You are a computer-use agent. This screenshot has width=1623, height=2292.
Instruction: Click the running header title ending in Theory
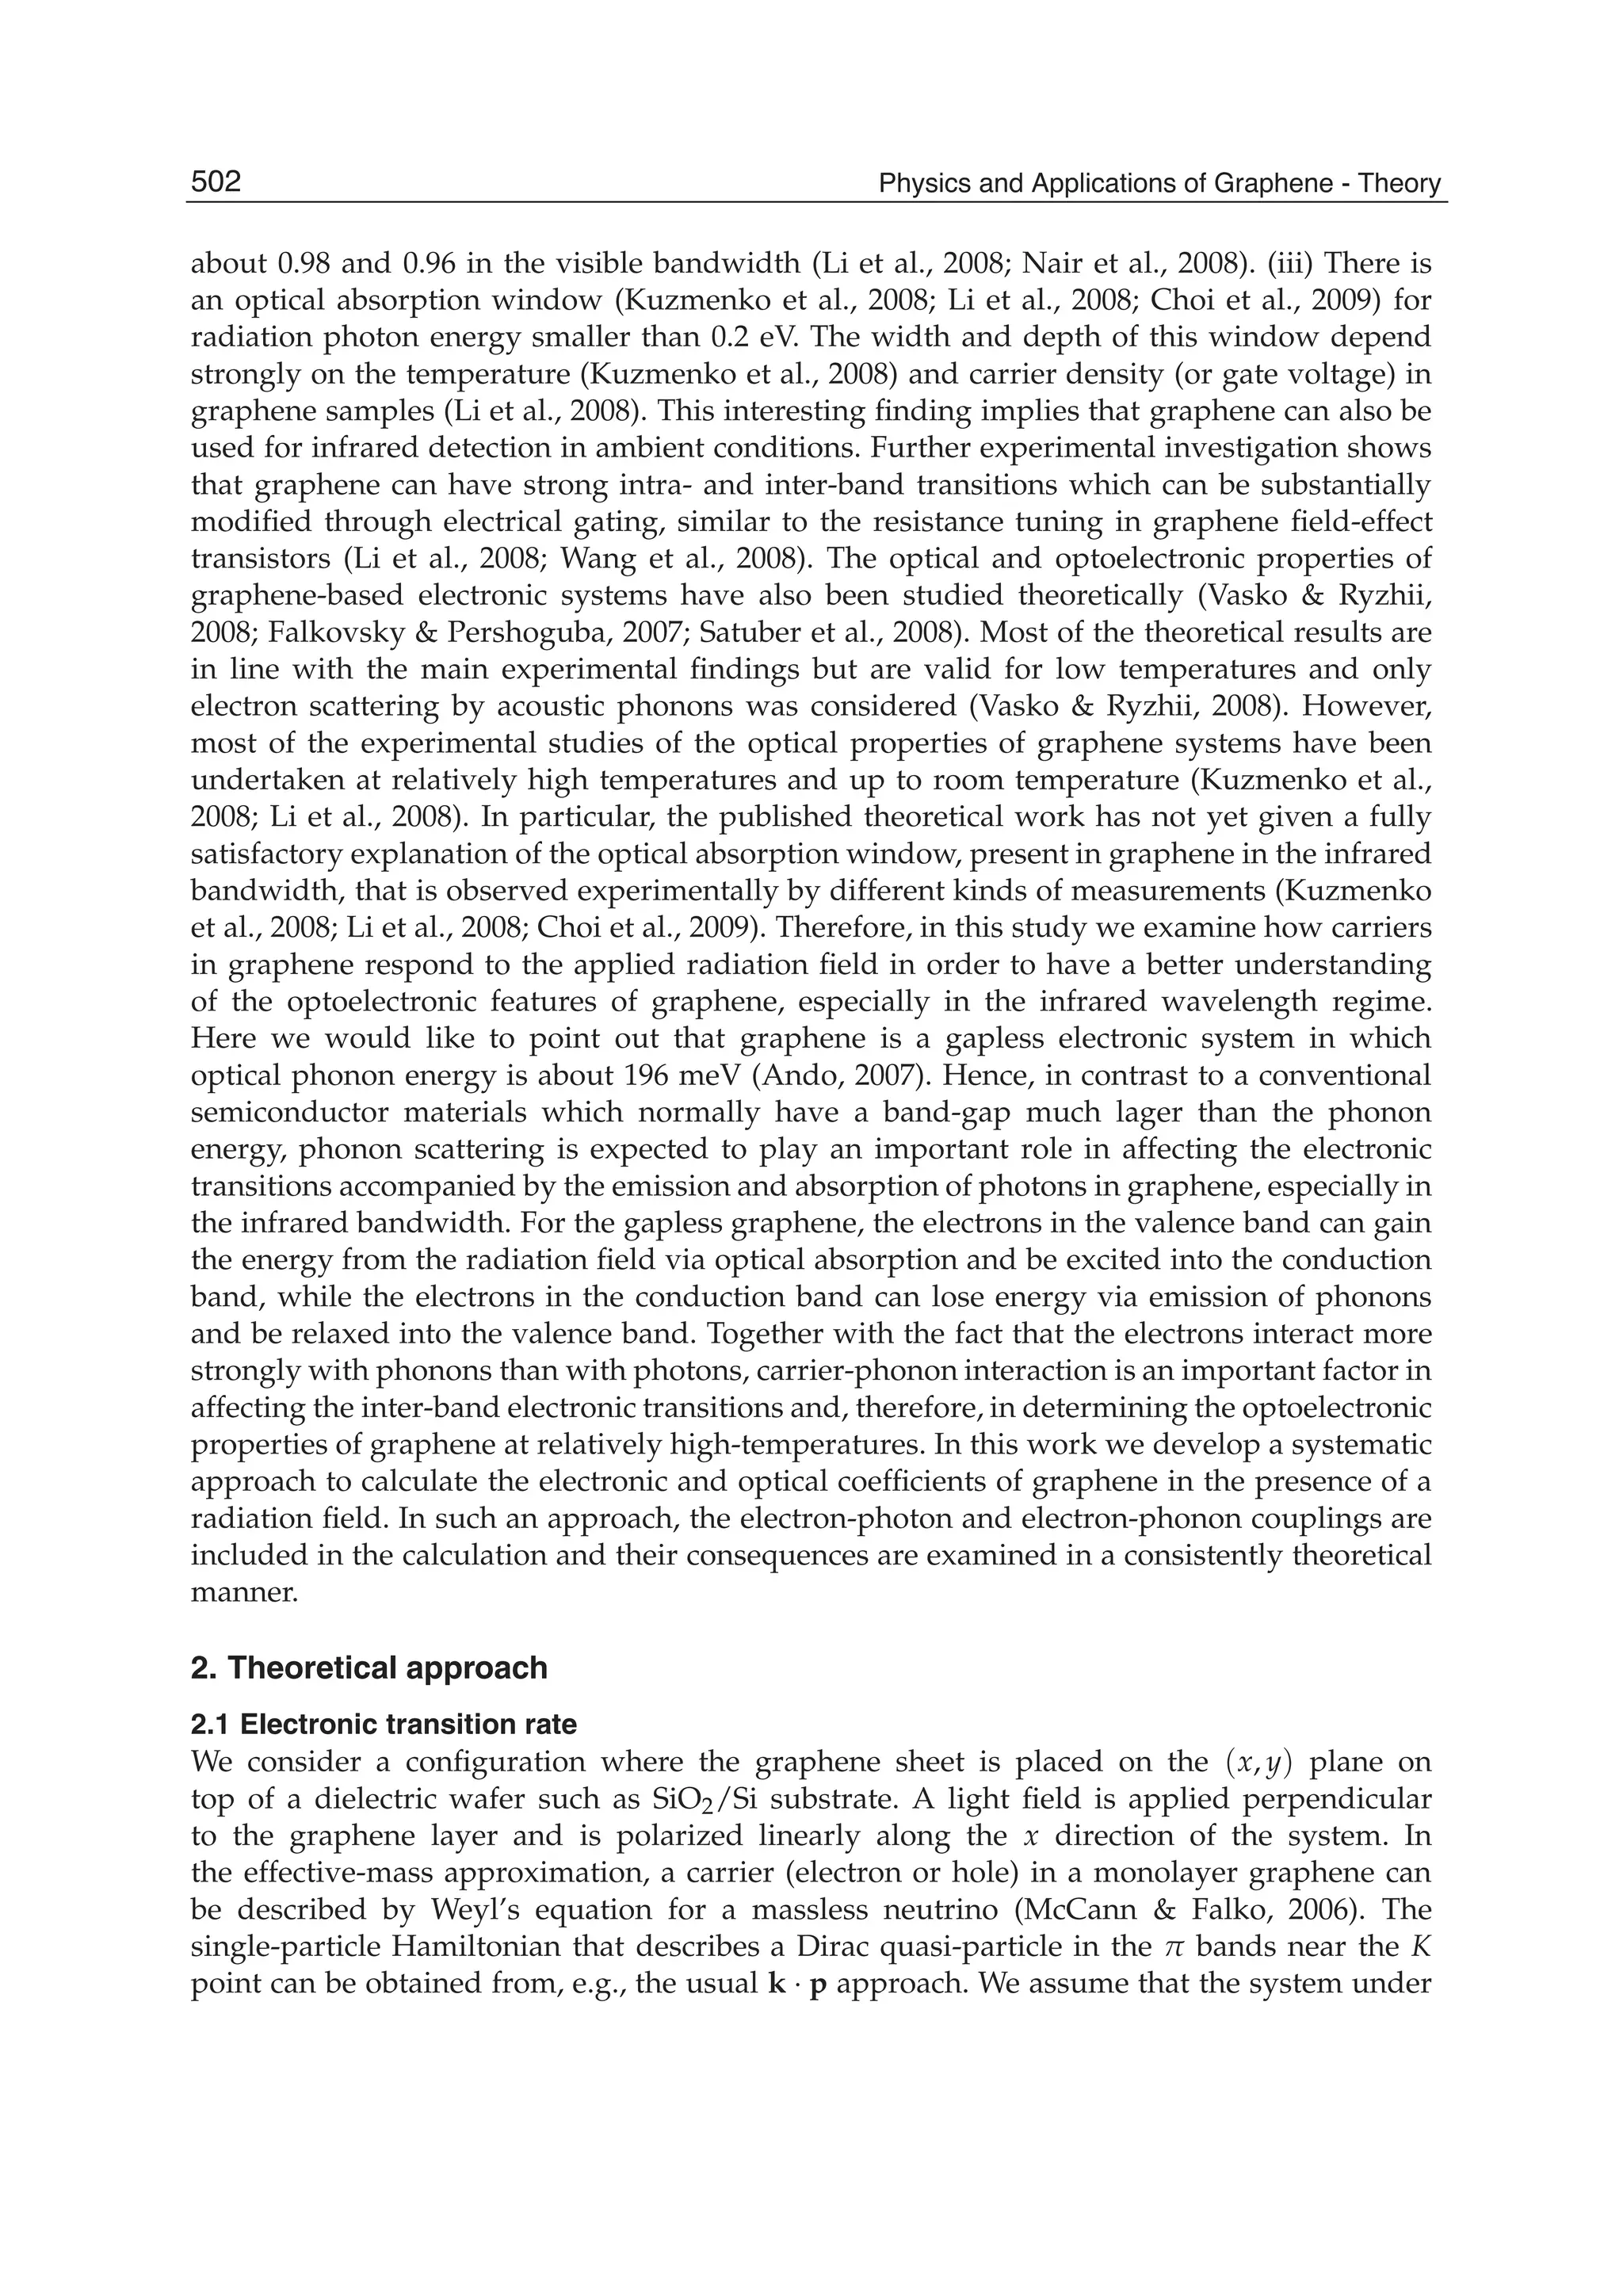(x=1159, y=184)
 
